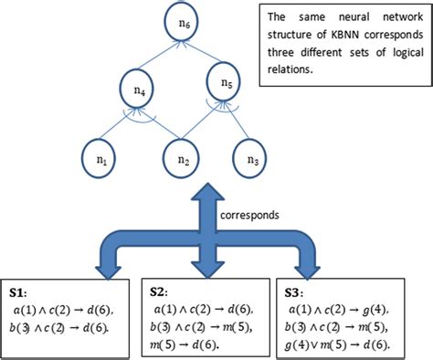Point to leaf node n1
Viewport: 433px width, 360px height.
(102, 159)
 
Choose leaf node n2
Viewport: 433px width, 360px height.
(184, 159)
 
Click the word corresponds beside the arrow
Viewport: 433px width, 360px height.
(248, 217)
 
